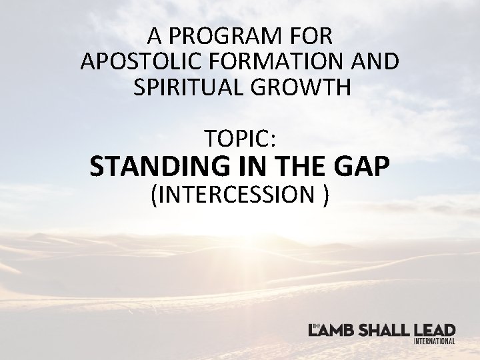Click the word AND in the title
376,61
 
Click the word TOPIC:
240,138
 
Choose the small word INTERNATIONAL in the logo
434,341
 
